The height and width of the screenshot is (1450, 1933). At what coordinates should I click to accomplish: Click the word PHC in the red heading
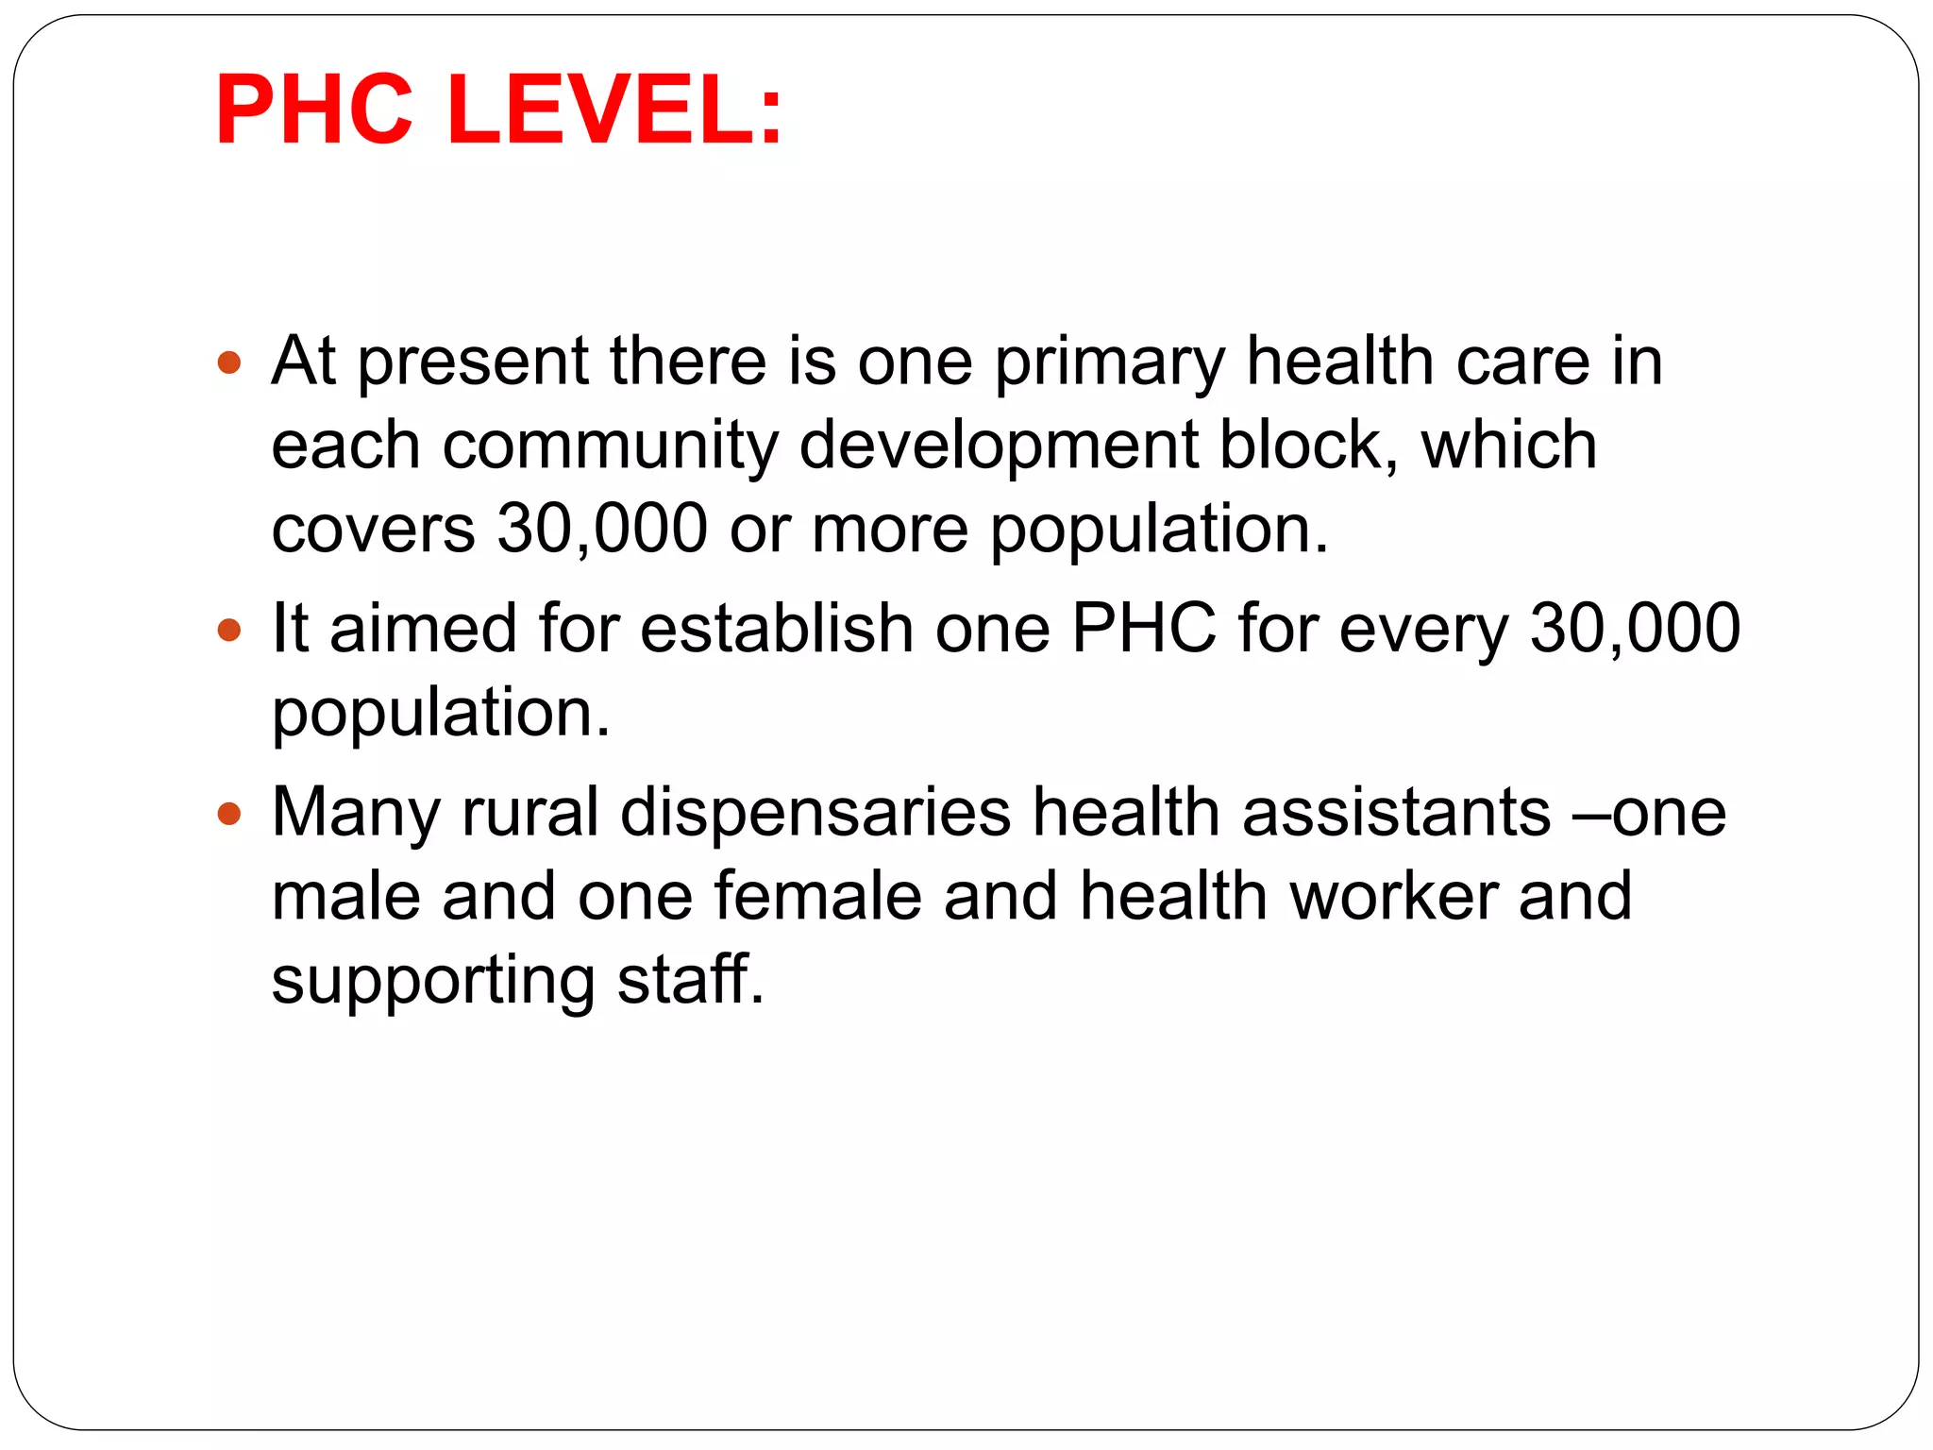pyautogui.click(x=314, y=110)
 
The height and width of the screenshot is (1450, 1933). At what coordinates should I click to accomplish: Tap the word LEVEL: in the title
pyautogui.click(x=614, y=110)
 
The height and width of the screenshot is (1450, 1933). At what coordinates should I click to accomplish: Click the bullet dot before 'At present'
pyautogui.click(x=229, y=362)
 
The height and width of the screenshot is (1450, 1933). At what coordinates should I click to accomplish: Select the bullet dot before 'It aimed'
pyautogui.click(x=229, y=630)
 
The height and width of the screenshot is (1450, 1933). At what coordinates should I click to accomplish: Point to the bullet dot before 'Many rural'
pyautogui.click(x=229, y=813)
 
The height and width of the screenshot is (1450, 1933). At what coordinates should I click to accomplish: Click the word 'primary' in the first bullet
pyautogui.click(x=1110, y=363)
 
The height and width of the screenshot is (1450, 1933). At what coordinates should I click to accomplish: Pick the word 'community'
pyautogui.click(x=611, y=446)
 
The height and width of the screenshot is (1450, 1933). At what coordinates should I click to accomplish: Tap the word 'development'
pyautogui.click(x=999, y=446)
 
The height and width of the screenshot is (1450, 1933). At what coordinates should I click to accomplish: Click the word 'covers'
pyautogui.click(x=373, y=529)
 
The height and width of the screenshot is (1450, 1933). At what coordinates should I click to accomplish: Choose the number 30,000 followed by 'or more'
pyautogui.click(x=602, y=529)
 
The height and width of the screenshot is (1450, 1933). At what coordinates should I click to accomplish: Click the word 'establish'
pyautogui.click(x=776, y=629)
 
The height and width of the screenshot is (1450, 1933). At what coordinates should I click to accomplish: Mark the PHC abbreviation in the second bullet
pyautogui.click(x=1144, y=629)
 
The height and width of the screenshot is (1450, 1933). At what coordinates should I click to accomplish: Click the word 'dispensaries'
pyautogui.click(x=815, y=814)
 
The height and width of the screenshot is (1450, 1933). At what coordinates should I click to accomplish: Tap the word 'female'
pyautogui.click(x=817, y=896)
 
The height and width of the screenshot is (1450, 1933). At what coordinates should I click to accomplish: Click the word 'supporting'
pyautogui.click(x=433, y=981)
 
